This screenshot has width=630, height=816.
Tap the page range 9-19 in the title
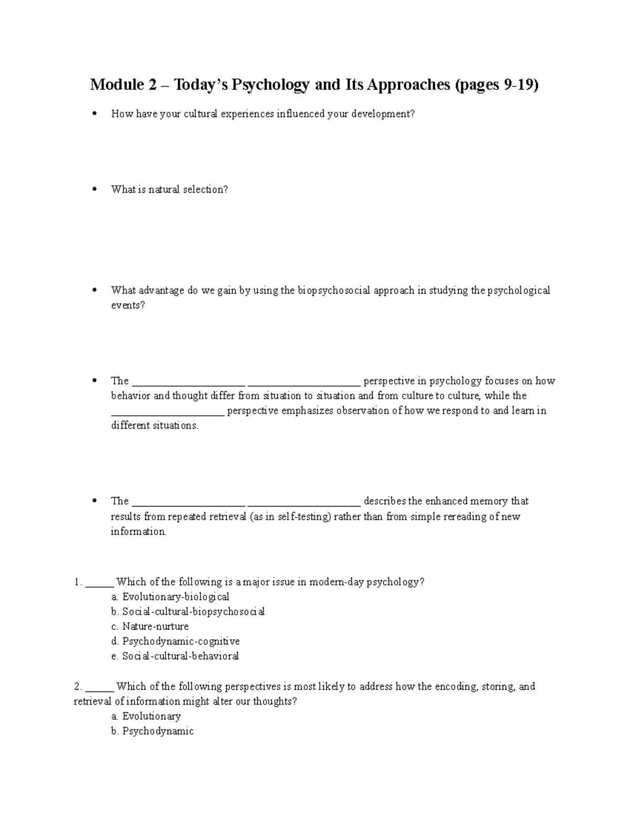[x=517, y=85]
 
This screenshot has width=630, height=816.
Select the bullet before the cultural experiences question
[x=94, y=113]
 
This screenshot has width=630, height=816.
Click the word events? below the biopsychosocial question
[x=128, y=305]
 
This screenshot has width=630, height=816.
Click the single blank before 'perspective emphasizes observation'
[x=168, y=411]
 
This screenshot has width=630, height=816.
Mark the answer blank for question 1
[x=99, y=582]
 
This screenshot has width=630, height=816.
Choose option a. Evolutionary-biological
[x=170, y=597]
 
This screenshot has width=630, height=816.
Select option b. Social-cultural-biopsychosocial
[x=188, y=612]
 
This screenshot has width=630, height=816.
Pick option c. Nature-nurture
[x=150, y=626]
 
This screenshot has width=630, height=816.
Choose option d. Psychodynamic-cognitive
[x=175, y=641]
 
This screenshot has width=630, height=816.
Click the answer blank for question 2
[x=99, y=687]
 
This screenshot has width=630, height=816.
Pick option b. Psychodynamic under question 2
[x=152, y=731]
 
